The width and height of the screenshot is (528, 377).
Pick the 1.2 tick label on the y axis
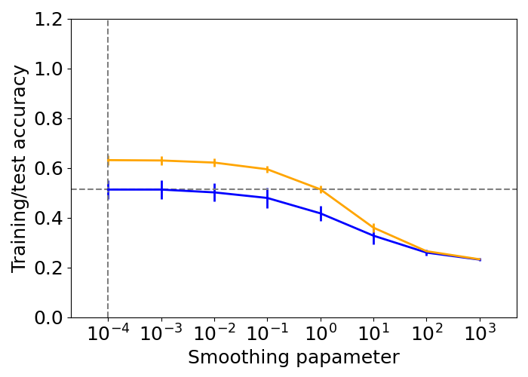click(47, 20)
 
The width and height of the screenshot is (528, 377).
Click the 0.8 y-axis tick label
click(47, 119)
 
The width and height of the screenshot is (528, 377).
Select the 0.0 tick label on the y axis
click(47, 317)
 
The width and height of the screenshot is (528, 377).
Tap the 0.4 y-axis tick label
click(47, 219)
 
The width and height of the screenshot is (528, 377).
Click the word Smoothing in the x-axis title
click(234, 357)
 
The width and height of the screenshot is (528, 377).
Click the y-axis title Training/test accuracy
click(20, 168)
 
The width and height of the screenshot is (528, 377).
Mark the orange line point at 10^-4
click(108, 160)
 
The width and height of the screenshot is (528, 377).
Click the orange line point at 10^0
click(321, 190)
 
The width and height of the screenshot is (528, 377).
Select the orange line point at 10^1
click(373, 227)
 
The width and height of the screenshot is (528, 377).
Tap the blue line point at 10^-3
click(161, 189)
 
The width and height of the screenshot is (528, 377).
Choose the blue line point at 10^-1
click(267, 198)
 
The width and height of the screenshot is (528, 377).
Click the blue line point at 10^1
click(373, 236)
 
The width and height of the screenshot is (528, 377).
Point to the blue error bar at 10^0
click(321, 213)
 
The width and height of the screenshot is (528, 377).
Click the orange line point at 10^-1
click(267, 169)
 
